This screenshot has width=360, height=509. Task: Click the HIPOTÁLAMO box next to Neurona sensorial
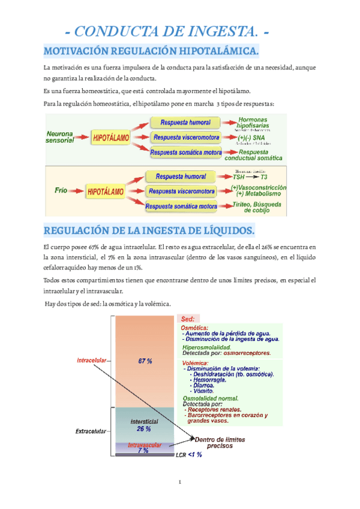point(111,138)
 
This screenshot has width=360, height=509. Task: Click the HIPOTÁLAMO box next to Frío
point(106,192)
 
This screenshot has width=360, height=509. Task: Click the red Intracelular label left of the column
point(91,361)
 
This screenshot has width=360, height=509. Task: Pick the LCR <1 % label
point(189,455)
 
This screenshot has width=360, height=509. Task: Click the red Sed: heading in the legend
point(188,319)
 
